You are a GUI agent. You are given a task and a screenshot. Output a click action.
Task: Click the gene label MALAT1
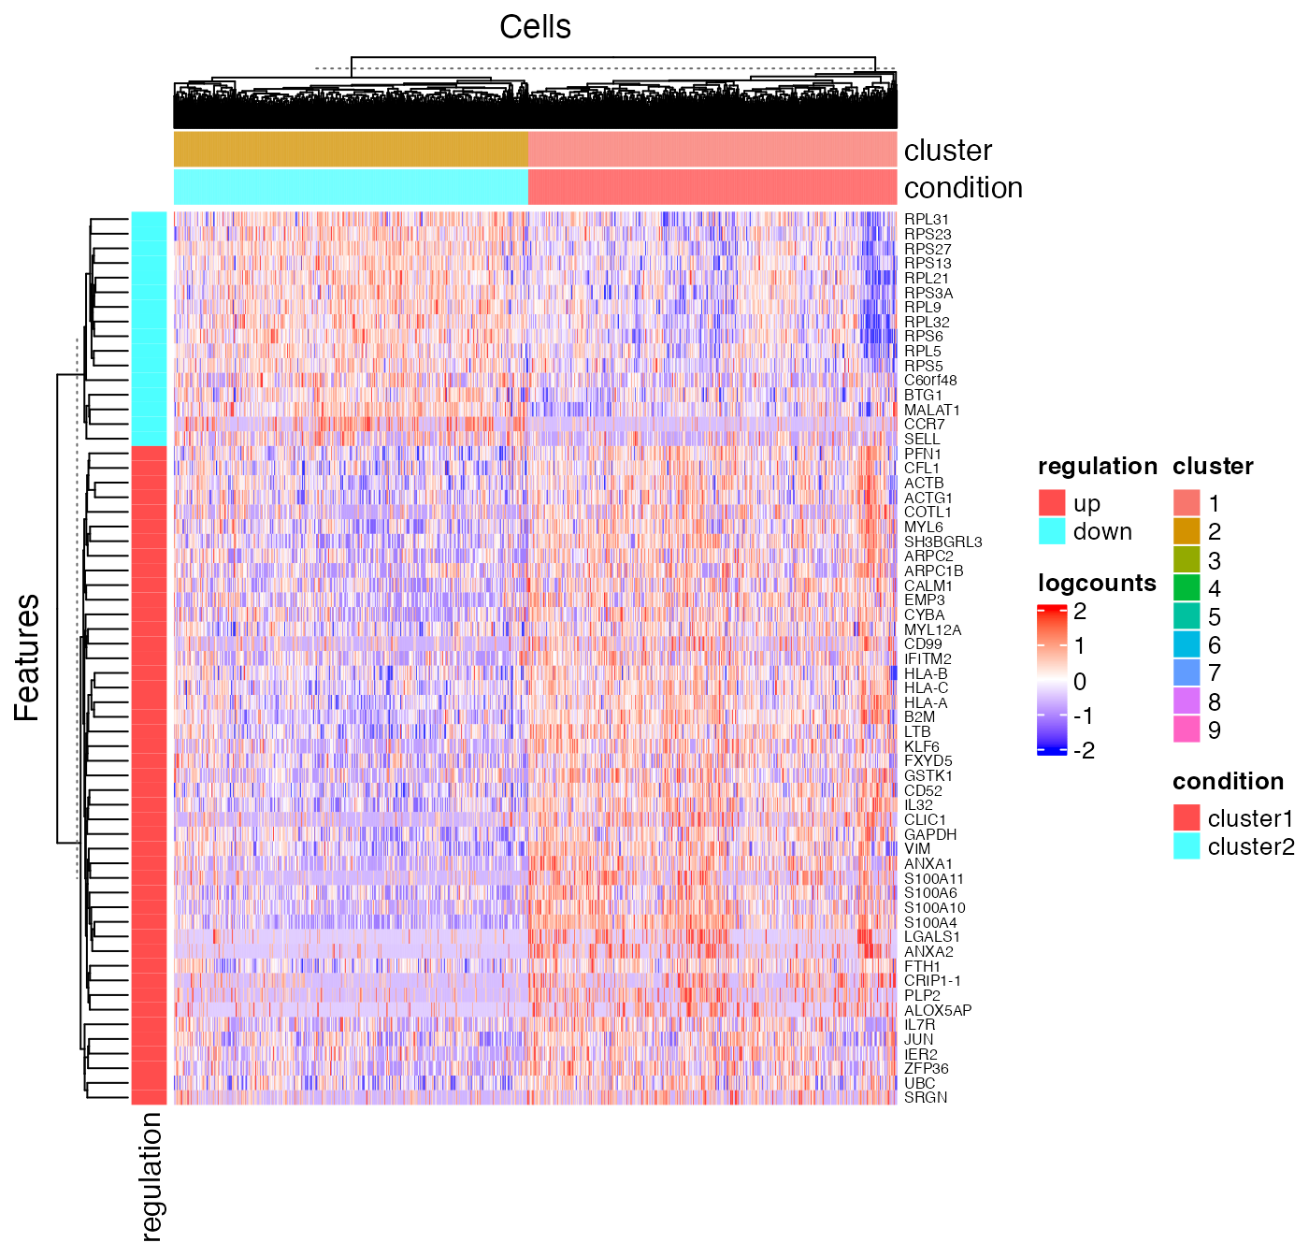pyautogui.click(x=931, y=410)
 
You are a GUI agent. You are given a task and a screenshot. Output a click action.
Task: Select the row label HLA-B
pyautogui.click(x=926, y=673)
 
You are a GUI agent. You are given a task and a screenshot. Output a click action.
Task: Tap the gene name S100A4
pyautogui.click(x=930, y=922)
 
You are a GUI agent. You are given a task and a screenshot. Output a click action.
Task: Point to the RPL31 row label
pyautogui.click(x=927, y=220)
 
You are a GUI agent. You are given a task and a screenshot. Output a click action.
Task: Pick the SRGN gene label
pyautogui.click(x=926, y=1097)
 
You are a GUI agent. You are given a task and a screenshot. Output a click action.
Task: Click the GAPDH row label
pyautogui.click(x=930, y=834)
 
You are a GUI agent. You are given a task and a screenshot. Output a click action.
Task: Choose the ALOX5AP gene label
pyautogui.click(x=938, y=1010)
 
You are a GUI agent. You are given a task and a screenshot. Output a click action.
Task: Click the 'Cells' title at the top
pyautogui.click(x=535, y=27)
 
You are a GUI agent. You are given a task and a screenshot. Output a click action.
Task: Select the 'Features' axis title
pyautogui.click(x=27, y=657)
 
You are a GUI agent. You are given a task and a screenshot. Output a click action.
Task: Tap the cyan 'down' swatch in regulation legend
pyautogui.click(x=1052, y=531)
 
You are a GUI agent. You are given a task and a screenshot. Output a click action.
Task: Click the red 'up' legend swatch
pyautogui.click(x=1052, y=503)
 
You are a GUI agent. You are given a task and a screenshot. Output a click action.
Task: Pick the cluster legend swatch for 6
pyautogui.click(x=1187, y=644)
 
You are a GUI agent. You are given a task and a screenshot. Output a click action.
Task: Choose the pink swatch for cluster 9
pyautogui.click(x=1187, y=730)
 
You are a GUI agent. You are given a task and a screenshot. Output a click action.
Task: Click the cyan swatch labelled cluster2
pyautogui.click(x=1187, y=846)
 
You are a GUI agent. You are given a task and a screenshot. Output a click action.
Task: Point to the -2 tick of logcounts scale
pyautogui.click(x=1084, y=750)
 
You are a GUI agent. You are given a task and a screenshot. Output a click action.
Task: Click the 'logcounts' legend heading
pyautogui.click(x=1097, y=583)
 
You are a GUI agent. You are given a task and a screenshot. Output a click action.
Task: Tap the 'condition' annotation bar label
pyautogui.click(x=963, y=188)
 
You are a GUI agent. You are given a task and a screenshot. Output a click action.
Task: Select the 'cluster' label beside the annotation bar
pyautogui.click(x=947, y=151)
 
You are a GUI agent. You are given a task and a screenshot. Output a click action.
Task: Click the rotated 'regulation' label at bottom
pyautogui.click(x=151, y=1176)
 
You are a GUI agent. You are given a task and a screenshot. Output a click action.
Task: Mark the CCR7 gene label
pyautogui.click(x=924, y=425)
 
